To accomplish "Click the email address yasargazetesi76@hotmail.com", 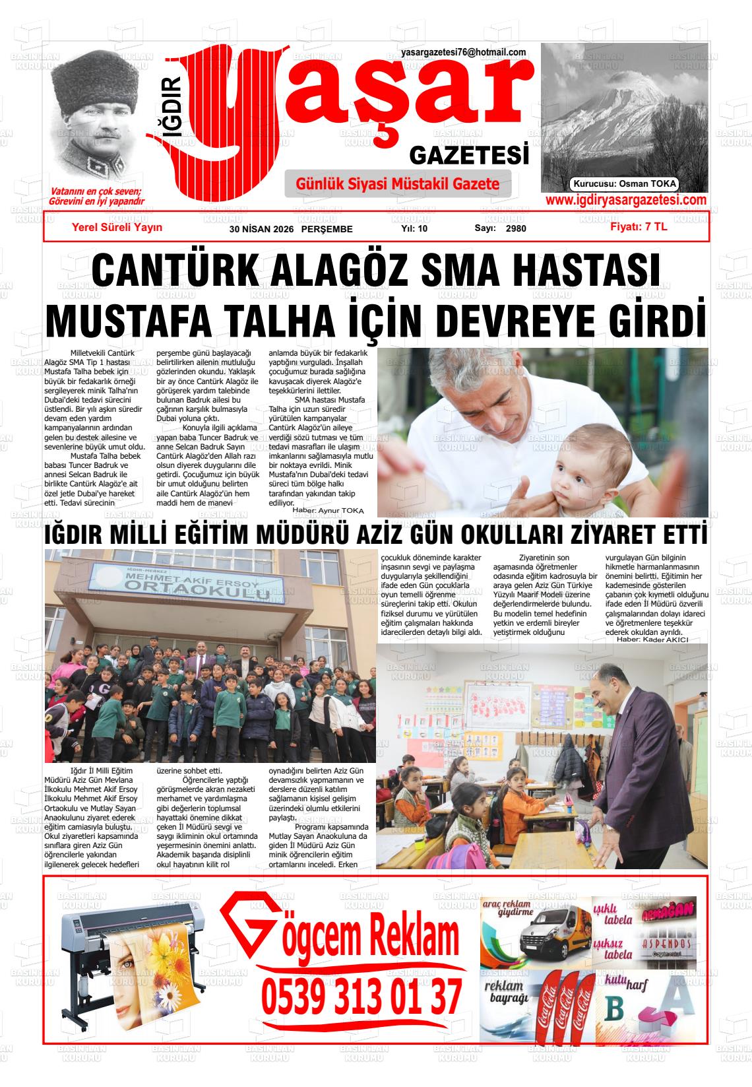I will point(463,53).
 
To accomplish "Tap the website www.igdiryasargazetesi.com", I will point(625,201).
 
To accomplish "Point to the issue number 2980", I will point(516,229).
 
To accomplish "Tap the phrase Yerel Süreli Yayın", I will point(117,227).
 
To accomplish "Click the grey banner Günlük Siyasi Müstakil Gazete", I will point(398,184).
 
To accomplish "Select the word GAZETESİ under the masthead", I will point(470,156).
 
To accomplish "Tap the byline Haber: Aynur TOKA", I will point(328,510).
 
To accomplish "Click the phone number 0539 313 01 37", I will point(361,997).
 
